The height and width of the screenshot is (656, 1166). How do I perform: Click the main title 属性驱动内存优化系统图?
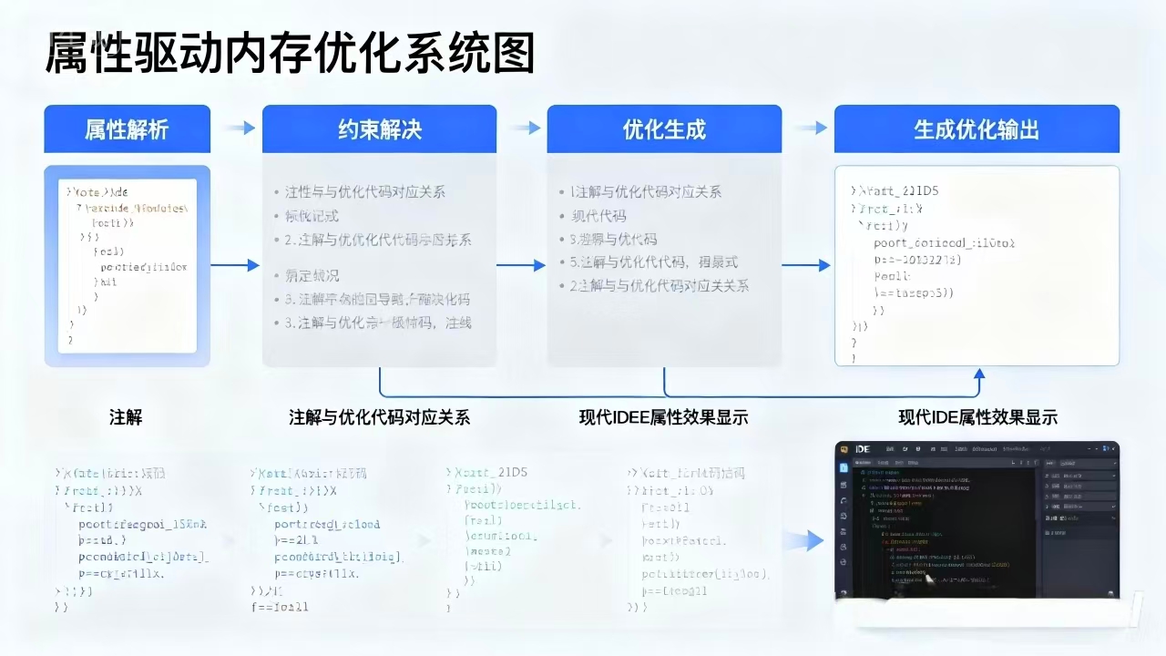coord(290,52)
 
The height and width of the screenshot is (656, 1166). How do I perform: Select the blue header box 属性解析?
coord(127,129)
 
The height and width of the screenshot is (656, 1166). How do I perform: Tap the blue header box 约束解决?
coord(379,129)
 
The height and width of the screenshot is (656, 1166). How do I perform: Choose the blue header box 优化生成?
coord(664,129)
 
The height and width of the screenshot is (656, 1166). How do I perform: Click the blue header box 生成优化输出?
coord(977,129)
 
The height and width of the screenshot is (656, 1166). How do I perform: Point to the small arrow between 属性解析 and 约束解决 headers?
coord(240,128)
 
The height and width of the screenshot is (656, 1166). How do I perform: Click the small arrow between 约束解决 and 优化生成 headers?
coord(525,128)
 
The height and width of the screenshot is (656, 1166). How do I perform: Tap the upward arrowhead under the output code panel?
coord(978,374)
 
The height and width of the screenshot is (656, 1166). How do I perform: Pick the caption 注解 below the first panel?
coord(126,418)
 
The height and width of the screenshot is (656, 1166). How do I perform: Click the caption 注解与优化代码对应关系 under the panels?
coord(379,418)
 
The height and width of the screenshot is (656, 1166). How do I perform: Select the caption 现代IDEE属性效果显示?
coord(663,418)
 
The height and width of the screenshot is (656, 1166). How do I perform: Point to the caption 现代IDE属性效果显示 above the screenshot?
coord(977,418)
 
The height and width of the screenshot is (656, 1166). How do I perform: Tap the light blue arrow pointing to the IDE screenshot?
coord(803,541)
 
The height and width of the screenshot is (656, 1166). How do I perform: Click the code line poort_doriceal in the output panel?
coord(944,243)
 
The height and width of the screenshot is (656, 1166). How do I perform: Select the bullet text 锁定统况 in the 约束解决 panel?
coord(312,275)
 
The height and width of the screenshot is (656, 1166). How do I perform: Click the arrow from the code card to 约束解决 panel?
coord(235,265)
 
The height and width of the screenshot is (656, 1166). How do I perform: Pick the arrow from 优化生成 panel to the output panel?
coord(806,265)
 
